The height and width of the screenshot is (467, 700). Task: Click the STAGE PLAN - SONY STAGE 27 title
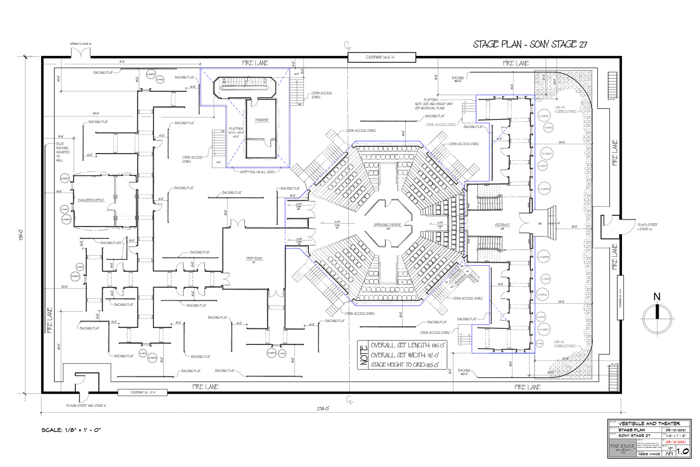(x=530, y=45)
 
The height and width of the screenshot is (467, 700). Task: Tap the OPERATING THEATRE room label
(x=387, y=225)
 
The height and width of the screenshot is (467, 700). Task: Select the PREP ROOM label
(x=254, y=258)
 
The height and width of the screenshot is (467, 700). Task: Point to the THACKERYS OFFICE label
(x=91, y=200)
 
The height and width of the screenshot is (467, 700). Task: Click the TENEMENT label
(x=261, y=120)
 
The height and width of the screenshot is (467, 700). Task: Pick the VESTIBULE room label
(x=502, y=225)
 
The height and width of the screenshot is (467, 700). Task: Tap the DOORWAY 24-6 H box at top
(x=381, y=57)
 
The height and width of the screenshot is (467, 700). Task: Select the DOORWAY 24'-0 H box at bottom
(x=143, y=392)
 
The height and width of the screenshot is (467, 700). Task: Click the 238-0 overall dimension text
(x=323, y=409)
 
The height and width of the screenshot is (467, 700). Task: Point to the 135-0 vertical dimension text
(x=22, y=234)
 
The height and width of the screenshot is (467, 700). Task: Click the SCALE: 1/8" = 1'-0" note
(x=71, y=430)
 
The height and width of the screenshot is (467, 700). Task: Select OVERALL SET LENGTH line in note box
(x=407, y=345)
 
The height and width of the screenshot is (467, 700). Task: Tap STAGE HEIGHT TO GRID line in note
(x=404, y=364)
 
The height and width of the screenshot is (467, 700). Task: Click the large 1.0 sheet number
(x=682, y=451)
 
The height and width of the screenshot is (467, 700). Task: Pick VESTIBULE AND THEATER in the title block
(x=649, y=424)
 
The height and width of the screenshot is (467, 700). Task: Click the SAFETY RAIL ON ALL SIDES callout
(x=257, y=172)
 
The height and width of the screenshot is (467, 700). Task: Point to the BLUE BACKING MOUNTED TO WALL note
(x=62, y=152)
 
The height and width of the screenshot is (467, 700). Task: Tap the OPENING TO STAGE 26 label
(x=81, y=44)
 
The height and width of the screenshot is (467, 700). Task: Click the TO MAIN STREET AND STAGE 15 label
(x=86, y=405)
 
